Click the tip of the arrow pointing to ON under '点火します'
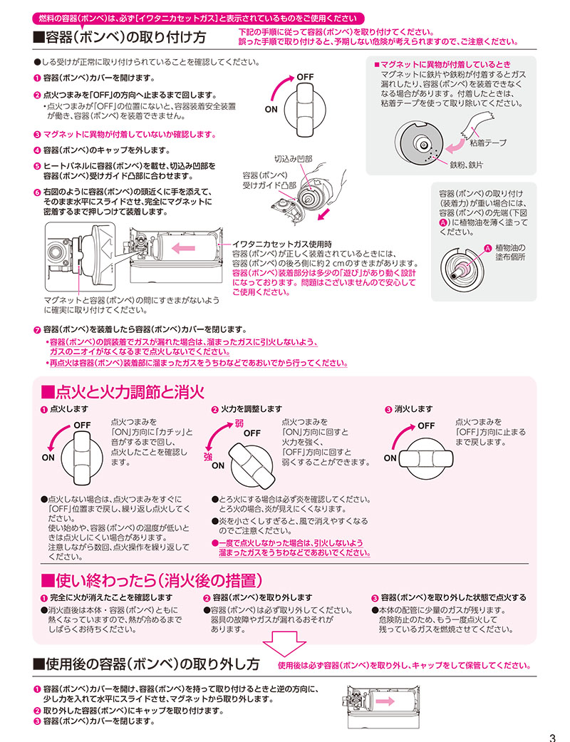coord(48,451)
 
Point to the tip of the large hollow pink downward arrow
coord(284,656)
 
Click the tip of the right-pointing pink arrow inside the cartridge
coord(394,701)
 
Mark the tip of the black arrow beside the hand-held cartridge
coord(318,220)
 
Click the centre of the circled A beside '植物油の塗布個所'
coord(487,247)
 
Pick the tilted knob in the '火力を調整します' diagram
coord(252,465)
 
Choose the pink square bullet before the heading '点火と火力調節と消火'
coord(48,392)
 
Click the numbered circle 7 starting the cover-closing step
coord(37,330)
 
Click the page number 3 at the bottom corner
coord(552,737)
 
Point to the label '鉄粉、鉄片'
coord(467,165)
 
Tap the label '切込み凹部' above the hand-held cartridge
coord(294,158)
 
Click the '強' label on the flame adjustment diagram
coord(208,456)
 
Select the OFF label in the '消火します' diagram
coord(426,426)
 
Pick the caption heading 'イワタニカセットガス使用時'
coord(282,244)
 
